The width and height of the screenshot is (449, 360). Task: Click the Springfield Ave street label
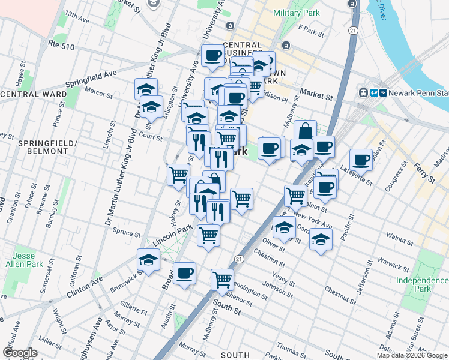tap(91, 76)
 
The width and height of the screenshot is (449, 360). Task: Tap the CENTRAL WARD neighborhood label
tap(34, 94)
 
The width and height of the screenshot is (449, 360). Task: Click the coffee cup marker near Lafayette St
tap(361, 160)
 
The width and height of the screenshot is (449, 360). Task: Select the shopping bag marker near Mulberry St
tap(305, 131)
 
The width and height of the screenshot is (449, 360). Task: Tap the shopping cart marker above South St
tap(222, 279)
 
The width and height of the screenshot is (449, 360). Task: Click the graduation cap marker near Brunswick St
tap(148, 260)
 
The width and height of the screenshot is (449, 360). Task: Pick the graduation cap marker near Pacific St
tap(321, 239)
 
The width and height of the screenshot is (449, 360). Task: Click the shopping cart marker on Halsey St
tap(178, 175)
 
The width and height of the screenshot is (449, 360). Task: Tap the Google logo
tap(20, 352)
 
